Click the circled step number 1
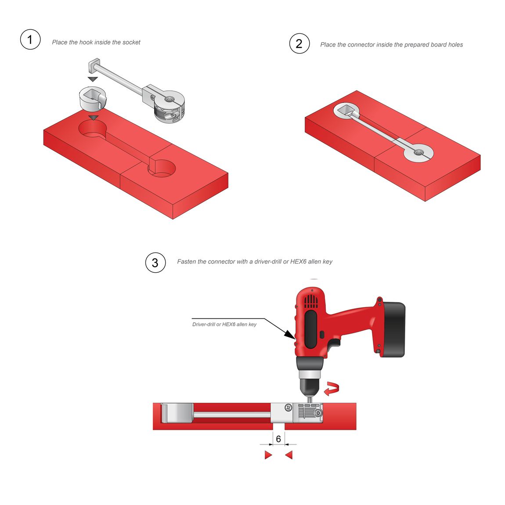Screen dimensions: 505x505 coord(30,39)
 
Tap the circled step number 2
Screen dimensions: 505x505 coord(299,43)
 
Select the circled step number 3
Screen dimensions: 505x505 coord(155,263)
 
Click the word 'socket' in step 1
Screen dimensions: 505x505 coord(131,42)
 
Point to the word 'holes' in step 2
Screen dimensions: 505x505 coord(455,45)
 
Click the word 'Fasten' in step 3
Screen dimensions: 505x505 coord(186,262)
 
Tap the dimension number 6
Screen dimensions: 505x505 coord(278,439)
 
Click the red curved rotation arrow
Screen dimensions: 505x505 coord(332,389)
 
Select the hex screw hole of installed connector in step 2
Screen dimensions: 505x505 coord(418,152)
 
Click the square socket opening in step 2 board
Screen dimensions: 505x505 coord(346,111)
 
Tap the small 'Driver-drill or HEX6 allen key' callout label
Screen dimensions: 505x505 coord(224,325)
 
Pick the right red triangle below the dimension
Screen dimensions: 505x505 coord(289,455)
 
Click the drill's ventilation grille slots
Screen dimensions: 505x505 coord(311,302)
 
